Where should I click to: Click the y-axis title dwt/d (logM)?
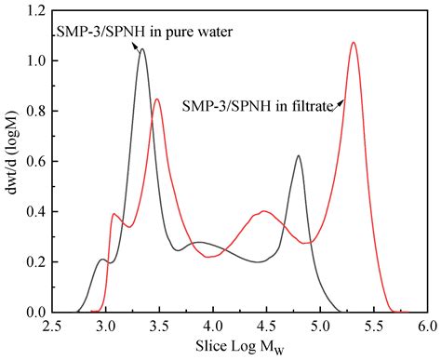(13, 158)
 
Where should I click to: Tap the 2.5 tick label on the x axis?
(53, 327)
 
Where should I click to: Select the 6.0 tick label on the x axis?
(427, 327)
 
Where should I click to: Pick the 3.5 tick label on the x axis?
(160, 327)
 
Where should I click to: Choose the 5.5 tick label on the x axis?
(374, 327)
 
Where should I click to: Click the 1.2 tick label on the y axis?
(34, 11)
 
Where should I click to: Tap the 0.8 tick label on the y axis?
(34, 112)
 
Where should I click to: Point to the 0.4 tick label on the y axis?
(34, 212)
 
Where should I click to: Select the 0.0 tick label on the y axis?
(34, 313)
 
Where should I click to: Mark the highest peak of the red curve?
(354, 43)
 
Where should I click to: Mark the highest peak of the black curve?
(141, 49)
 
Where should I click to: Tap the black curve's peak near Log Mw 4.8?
(298, 156)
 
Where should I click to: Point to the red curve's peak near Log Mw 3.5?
(157, 100)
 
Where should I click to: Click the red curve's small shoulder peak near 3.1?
(114, 214)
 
